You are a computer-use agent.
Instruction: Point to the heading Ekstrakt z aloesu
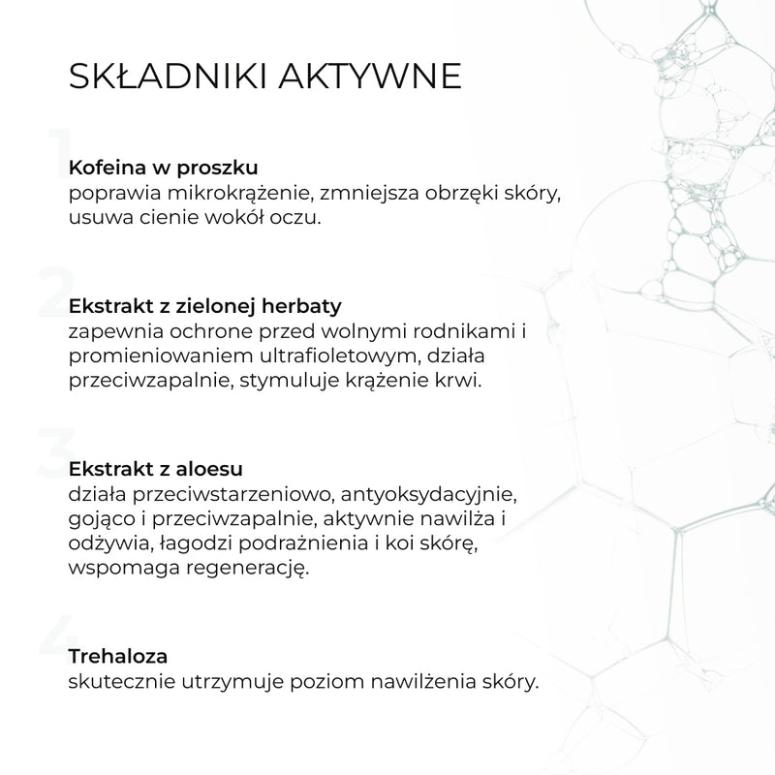tap(157, 469)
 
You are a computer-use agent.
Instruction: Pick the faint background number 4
tap(54, 635)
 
